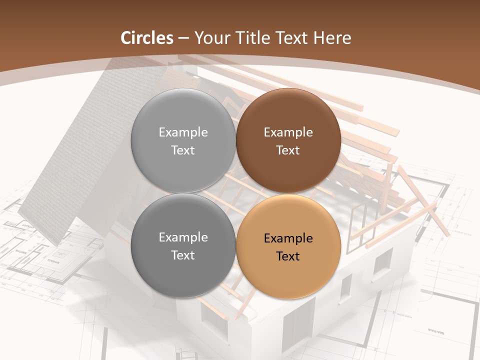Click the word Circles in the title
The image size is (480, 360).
click(x=147, y=38)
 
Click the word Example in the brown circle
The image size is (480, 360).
click(x=288, y=132)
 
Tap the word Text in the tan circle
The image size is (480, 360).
click(x=288, y=256)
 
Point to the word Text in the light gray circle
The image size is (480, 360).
click(x=183, y=150)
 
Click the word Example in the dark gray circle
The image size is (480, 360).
click(x=183, y=237)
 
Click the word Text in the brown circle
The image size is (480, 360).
click(x=288, y=150)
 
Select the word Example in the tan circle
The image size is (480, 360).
click(x=288, y=238)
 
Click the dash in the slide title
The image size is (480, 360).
click(x=183, y=38)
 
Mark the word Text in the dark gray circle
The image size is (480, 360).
click(x=183, y=255)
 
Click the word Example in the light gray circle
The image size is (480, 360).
click(x=183, y=132)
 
